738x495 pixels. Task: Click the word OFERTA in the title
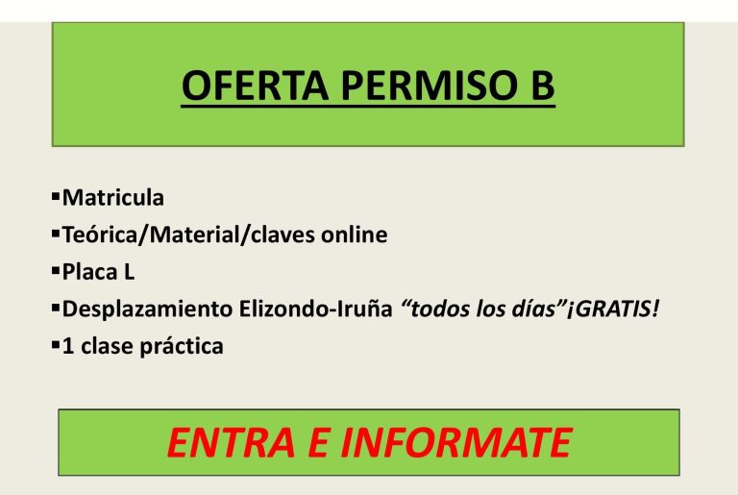[x=255, y=86]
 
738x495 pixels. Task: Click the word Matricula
[x=113, y=197]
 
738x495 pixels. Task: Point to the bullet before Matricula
[x=56, y=195]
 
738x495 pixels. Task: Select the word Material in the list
[x=194, y=235]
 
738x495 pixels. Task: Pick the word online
[x=355, y=235]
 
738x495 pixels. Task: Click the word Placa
[x=89, y=272]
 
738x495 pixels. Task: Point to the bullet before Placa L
[x=56, y=270]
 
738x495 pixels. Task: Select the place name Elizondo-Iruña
[x=316, y=309]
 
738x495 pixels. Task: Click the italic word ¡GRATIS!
[x=612, y=309]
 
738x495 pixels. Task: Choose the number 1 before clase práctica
[x=68, y=346]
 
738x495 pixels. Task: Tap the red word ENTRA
[x=231, y=443]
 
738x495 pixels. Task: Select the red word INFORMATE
[x=456, y=443]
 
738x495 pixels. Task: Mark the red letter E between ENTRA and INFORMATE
[x=318, y=443]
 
